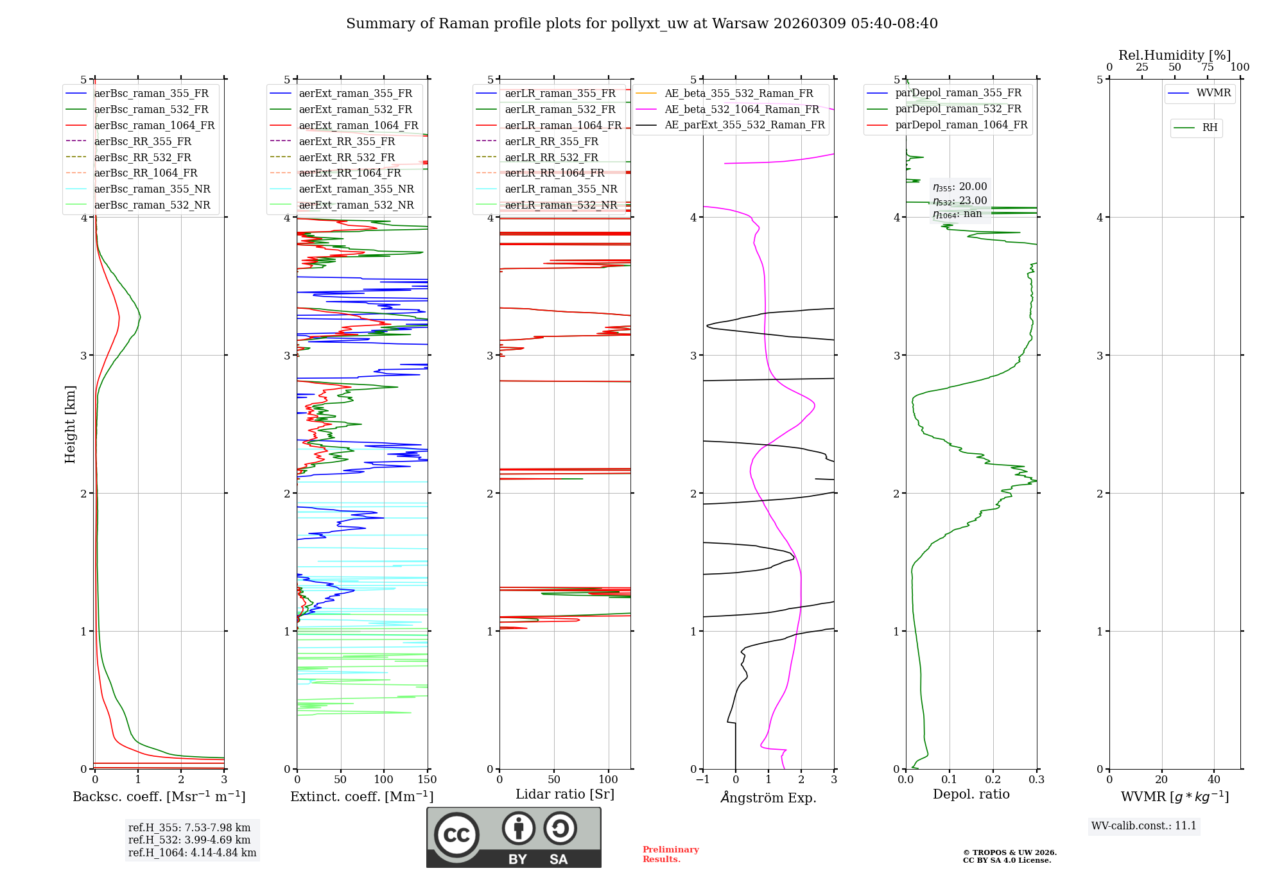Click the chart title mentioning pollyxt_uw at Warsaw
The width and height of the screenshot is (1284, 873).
pyautogui.click(x=641, y=24)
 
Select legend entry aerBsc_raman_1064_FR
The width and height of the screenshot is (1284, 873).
pyautogui.click(x=154, y=125)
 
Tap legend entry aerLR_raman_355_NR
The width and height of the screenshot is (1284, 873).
pyautogui.click(x=560, y=189)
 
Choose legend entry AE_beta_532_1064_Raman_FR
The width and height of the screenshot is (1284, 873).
pyautogui.click(x=742, y=109)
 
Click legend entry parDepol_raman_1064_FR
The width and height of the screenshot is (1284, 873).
pyautogui.click(x=961, y=125)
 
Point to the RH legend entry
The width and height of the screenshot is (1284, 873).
pyautogui.click(x=1210, y=128)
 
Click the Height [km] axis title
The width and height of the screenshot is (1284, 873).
pyautogui.click(x=70, y=424)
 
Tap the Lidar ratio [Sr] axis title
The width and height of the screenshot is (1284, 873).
pyautogui.click(x=565, y=794)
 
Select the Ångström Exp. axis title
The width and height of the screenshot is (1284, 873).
pyautogui.click(x=768, y=797)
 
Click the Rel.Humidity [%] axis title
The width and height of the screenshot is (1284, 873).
pyautogui.click(x=1174, y=55)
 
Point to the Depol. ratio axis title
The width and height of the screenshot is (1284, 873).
pyautogui.click(x=971, y=794)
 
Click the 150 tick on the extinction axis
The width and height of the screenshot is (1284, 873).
pyautogui.click(x=427, y=780)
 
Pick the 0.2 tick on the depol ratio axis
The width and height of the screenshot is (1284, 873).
pyautogui.click(x=993, y=780)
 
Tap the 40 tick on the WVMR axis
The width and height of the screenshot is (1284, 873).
pyautogui.click(x=1213, y=780)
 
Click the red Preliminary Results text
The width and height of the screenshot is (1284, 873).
pyautogui.click(x=670, y=854)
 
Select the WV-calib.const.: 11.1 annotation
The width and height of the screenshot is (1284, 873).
pyautogui.click(x=1144, y=825)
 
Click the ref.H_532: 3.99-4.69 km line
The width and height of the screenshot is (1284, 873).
pyautogui.click(x=189, y=840)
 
